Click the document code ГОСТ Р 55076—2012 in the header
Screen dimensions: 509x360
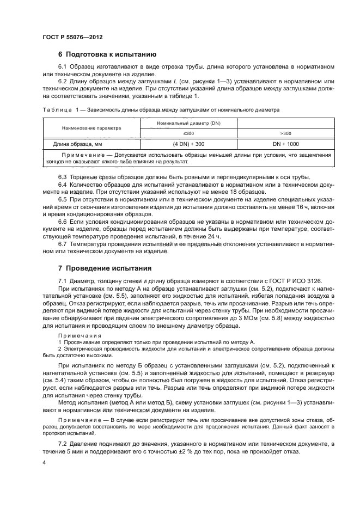point(72,37)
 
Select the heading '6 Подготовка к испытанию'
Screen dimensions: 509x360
point(107,54)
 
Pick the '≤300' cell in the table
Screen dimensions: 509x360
point(188,133)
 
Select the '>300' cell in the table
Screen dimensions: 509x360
point(285,133)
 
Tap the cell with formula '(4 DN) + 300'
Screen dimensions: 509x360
point(188,144)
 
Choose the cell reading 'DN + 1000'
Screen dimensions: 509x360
point(285,144)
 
